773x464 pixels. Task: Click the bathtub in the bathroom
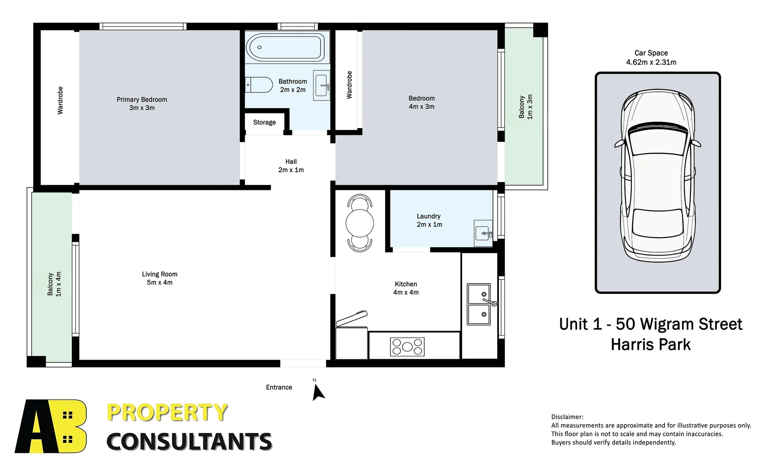coord(285,47)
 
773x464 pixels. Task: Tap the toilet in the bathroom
coord(259,85)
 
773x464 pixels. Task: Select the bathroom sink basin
coord(321,85)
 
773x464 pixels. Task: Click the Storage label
coord(264,122)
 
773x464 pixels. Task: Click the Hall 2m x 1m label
coord(291,166)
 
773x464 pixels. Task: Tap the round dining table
coord(359,223)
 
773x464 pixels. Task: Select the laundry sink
coord(483,233)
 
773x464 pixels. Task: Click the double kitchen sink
coord(479,304)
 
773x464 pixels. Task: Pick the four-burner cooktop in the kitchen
coord(407,347)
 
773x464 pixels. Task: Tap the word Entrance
coord(279,388)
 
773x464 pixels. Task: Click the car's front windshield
coord(657,140)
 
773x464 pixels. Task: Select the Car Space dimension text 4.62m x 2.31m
coord(651,62)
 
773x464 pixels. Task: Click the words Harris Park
coord(651,345)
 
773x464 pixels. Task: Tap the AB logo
coord(51,426)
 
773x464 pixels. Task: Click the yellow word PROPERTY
coord(167,412)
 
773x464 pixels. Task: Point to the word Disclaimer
coord(567,417)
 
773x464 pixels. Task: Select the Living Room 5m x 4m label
coord(160,278)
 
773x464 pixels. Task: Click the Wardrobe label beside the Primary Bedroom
coord(60,101)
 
